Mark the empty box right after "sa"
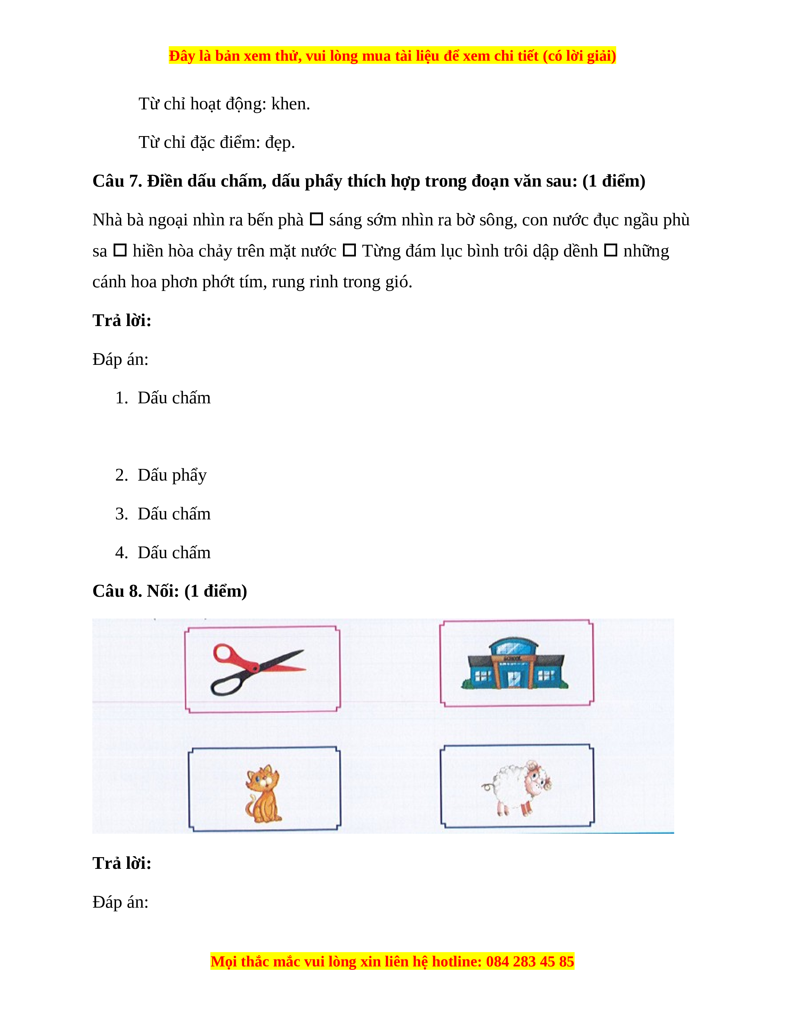coord(120,250)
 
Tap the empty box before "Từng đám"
coord(349,250)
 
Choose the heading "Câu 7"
coord(117,181)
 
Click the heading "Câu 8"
coord(117,591)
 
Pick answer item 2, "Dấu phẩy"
coord(172,475)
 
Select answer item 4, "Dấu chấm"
coord(174,553)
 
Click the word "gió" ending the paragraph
coord(399,282)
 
